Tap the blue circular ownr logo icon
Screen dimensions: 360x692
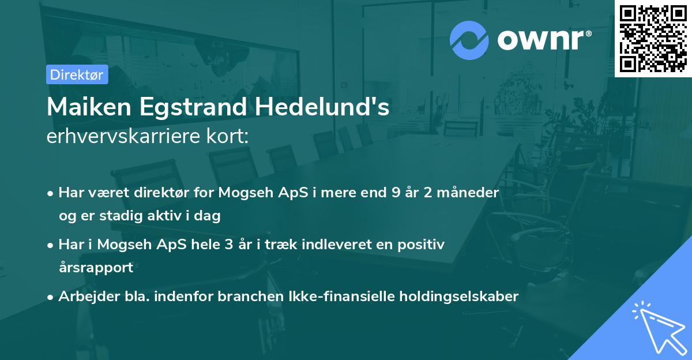[x=469, y=40]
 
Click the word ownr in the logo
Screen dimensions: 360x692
[x=543, y=40]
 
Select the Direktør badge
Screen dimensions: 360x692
[x=77, y=74]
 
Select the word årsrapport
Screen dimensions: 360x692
[x=96, y=268]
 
